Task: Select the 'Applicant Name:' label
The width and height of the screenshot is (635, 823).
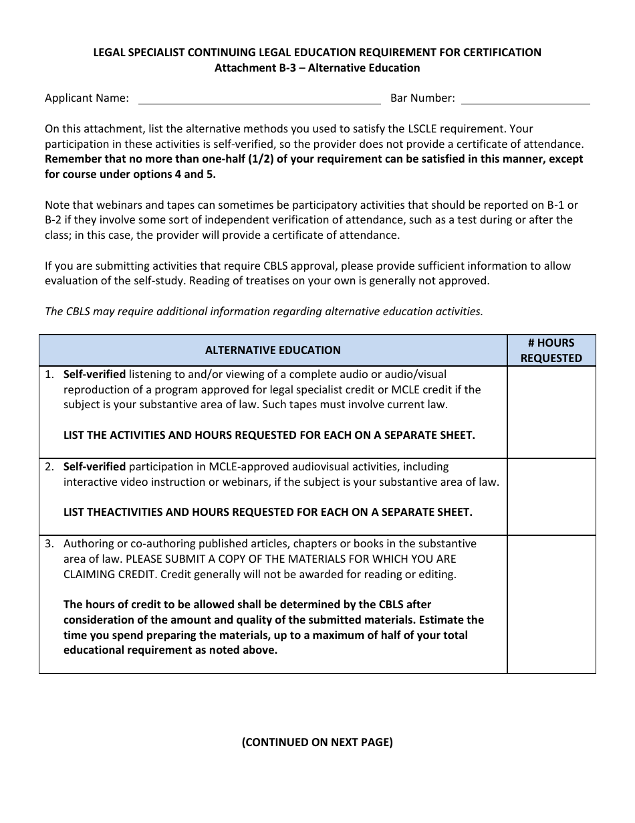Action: [87, 98]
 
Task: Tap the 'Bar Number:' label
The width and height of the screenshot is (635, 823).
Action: [422, 98]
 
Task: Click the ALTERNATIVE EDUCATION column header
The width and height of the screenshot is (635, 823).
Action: [273, 350]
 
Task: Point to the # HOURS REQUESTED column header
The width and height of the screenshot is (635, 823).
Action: [551, 350]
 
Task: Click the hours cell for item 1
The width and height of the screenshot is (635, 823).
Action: [551, 411]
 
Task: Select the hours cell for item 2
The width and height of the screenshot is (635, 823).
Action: [551, 496]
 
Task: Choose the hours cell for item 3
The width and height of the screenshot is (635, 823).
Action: [551, 604]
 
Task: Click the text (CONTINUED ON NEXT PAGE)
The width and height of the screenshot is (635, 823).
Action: [317, 742]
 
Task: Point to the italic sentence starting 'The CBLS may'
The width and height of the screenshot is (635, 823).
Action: [263, 311]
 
